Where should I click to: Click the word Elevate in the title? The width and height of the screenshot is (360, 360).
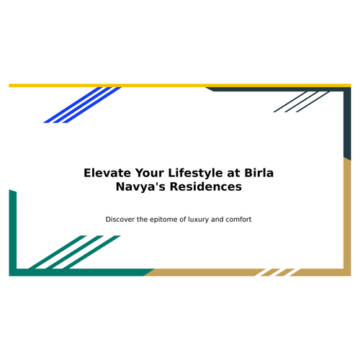pyautogui.click(x=107, y=173)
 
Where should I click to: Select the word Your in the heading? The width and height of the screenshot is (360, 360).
pyautogui.click(x=149, y=173)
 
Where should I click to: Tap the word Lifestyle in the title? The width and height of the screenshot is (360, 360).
pyautogui.click(x=195, y=174)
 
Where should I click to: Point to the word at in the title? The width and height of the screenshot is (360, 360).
pyautogui.click(x=233, y=174)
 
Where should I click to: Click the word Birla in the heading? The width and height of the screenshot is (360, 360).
pyautogui.click(x=259, y=173)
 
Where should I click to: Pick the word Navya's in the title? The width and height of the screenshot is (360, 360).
pyautogui.click(x=140, y=187)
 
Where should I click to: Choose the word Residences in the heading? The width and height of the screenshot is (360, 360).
pyautogui.click(x=206, y=186)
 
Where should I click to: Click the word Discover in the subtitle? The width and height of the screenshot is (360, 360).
pyautogui.click(x=120, y=220)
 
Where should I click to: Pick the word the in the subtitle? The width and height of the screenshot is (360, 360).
pyautogui.click(x=143, y=220)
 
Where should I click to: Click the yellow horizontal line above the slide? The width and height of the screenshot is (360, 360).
pyautogui.click(x=180, y=86)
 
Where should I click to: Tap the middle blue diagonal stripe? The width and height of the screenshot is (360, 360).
pyautogui.click(x=83, y=105)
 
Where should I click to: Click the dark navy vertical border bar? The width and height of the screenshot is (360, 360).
pyautogui.click(x=347, y=124)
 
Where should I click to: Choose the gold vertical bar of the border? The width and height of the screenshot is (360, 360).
pyautogui.click(x=347, y=217)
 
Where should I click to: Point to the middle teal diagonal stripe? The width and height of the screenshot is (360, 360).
pyautogui.click(x=74, y=252)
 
